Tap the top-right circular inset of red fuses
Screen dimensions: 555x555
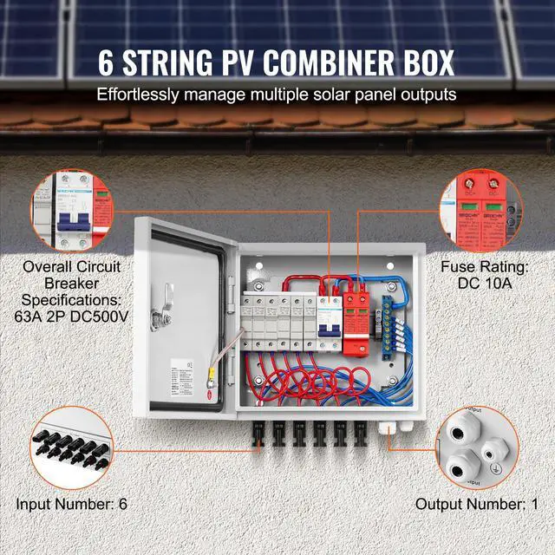[x=481, y=213]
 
